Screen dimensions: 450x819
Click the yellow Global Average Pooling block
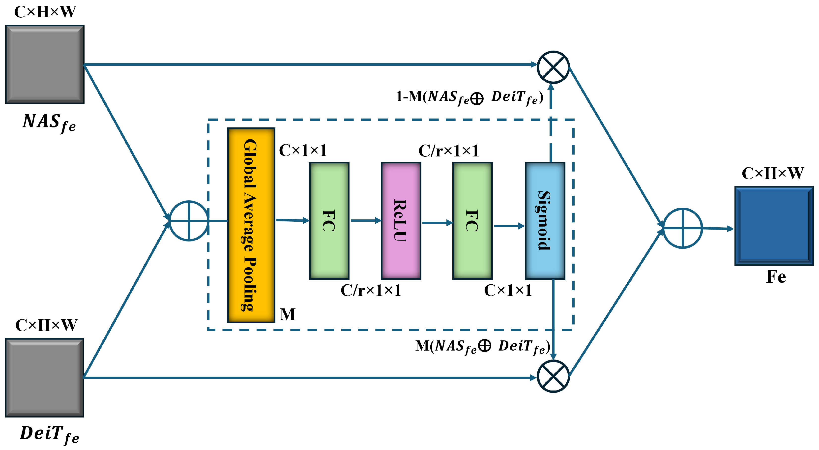(251, 225)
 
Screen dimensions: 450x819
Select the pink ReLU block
(401, 221)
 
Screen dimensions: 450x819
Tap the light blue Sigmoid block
(545, 221)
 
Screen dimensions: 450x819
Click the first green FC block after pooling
(329, 221)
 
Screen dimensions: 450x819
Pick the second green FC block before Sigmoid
(472, 221)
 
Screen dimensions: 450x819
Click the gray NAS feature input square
(45, 64)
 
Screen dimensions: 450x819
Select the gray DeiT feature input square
(45, 378)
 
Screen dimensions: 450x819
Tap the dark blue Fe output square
(774, 226)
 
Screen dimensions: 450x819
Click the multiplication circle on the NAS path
(553, 67)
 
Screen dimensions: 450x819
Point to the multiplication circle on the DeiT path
(553, 376)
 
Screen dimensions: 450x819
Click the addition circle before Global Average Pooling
(189, 221)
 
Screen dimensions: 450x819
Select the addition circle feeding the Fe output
(682, 228)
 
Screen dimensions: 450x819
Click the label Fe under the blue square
(776, 276)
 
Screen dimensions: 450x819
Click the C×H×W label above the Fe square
(773, 173)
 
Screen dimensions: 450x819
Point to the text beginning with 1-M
(469, 97)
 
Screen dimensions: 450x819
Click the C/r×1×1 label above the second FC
(448, 151)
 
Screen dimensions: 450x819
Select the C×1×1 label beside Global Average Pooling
(303, 150)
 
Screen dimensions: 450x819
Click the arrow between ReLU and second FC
(437, 223)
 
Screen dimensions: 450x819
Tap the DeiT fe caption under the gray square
(49, 434)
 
